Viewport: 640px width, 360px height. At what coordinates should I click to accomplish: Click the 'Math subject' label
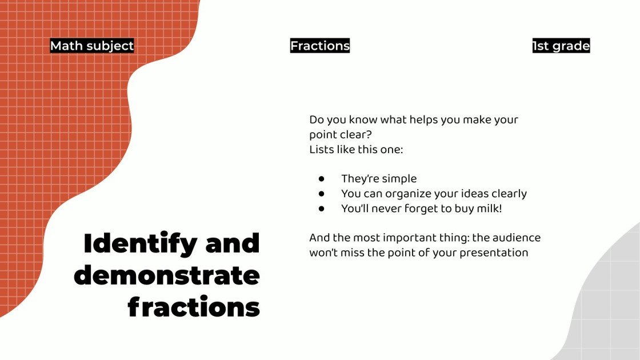coord(92,46)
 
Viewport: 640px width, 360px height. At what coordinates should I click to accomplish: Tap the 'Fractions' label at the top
coord(320,46)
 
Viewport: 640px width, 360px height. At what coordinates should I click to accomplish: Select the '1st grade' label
coord(561,46)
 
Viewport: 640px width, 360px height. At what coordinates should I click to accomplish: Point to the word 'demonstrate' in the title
coord(167,275)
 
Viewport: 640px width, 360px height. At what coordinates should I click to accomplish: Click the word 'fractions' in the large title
coord(194,307)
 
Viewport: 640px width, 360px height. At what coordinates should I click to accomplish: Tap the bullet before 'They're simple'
coord(322,179)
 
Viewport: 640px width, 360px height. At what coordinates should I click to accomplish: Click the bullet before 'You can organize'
coord(322,194)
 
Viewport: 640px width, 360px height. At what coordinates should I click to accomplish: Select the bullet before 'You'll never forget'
coord(322,209)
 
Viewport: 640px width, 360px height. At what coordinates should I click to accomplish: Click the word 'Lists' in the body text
coord(321,150)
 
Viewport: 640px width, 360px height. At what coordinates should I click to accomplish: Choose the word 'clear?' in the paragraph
coord(355,135)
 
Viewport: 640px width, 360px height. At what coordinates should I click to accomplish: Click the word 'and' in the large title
coord(233,244)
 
